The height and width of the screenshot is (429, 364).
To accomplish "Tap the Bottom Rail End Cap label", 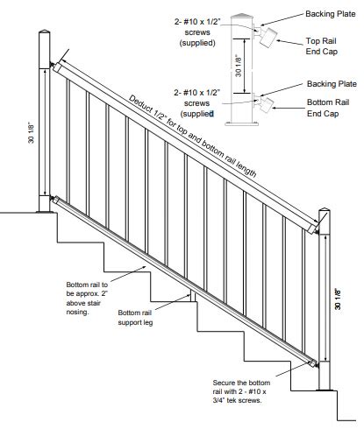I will (x=326, y=108).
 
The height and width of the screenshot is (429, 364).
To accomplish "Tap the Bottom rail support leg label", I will (x=136, y=318).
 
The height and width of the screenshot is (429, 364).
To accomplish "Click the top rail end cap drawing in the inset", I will (x=268, y=35).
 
